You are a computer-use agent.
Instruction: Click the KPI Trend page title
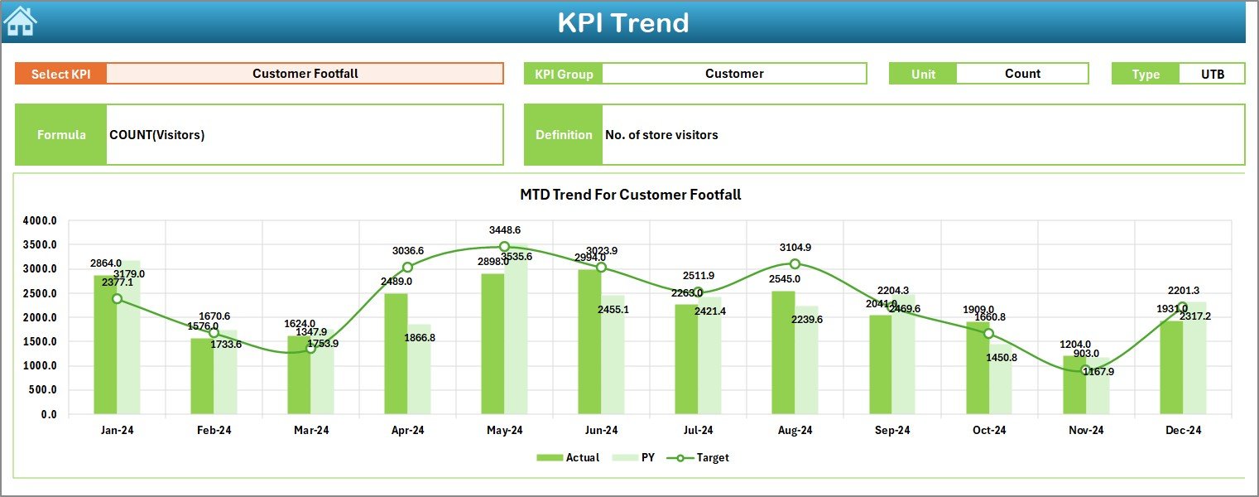click(622, 22)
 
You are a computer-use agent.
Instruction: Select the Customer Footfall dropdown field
click(305, 74)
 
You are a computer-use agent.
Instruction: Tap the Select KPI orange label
click(61, 74)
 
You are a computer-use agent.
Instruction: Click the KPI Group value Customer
click(733, 74)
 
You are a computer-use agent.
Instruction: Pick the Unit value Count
click(1021, 74)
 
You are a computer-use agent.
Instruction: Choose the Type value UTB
click(1213, 74)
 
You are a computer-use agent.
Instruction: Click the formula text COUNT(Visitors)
click(157, 135)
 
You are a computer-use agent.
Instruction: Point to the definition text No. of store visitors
click(661, 135)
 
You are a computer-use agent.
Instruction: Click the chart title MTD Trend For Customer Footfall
click(630, 195)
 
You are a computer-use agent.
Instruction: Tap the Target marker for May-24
click(504, 247)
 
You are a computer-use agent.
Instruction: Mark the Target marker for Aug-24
click(795, 263)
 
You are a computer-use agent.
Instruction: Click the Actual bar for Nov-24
click(1074, 384)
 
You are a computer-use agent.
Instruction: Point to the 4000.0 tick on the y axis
click(40, 221)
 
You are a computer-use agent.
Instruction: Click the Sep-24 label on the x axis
click(892, 431)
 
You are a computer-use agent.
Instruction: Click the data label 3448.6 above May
click(505, 230)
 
